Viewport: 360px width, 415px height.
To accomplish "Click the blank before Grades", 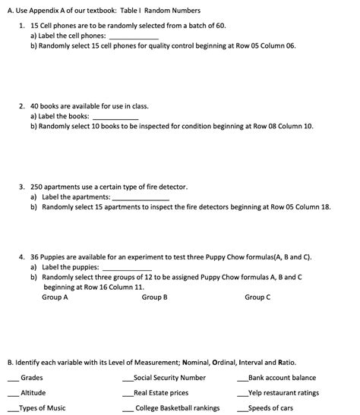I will pos(13,379).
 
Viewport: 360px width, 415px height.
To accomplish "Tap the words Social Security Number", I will pos(169,377).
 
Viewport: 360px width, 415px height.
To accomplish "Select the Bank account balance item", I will pos(282,377).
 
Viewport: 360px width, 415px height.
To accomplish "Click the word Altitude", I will pos(33,392).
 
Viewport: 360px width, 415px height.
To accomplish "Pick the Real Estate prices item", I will pos(161,392).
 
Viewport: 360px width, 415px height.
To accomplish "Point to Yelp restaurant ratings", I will pos(283,392).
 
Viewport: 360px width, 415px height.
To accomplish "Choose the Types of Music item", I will pos(43,407).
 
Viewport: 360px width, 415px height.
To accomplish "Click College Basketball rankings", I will pos(177,407).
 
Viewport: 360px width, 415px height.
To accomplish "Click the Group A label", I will pos(55,297).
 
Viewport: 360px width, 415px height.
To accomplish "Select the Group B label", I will pos(154,297).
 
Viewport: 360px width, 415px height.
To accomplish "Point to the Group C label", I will pos(257,297).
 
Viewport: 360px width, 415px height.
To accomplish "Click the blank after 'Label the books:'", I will pos(115,118).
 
